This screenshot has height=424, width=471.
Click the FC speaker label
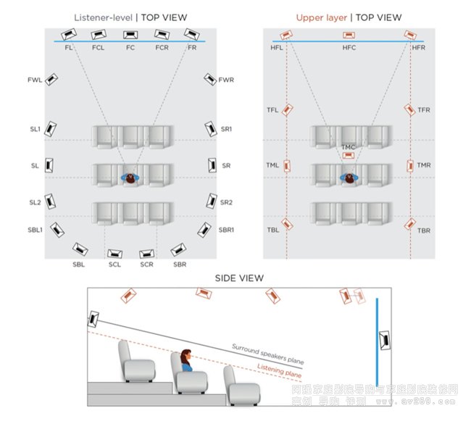click(130, 47)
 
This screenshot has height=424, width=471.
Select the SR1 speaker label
click(227, 129)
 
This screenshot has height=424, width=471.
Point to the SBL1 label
click(34, 230)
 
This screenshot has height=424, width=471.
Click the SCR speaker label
click(146, 265)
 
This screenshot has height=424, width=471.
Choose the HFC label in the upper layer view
click(349, 48)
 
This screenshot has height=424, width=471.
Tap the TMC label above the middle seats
click(349, 147)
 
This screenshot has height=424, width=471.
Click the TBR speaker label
click(424, 230)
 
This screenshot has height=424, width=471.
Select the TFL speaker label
click(272, 110)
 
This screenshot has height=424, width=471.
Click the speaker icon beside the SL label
click(49, 165)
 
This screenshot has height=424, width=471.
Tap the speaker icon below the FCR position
click(162, 34)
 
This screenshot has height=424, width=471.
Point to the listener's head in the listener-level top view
click(130, 177)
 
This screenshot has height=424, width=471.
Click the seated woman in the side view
click(186, 361)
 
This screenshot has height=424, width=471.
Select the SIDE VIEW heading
click(239, 278)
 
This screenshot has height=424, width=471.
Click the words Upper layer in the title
click(321, 17)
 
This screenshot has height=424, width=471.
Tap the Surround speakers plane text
click(267, 352)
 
